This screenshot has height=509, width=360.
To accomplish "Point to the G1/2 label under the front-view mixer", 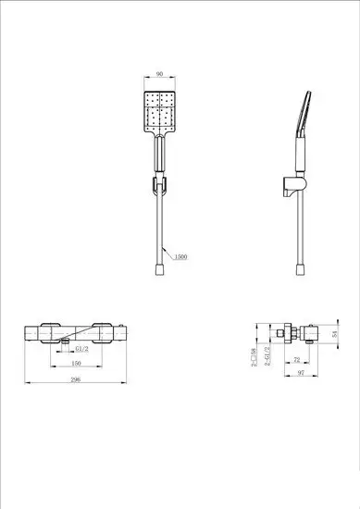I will point(81,350).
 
